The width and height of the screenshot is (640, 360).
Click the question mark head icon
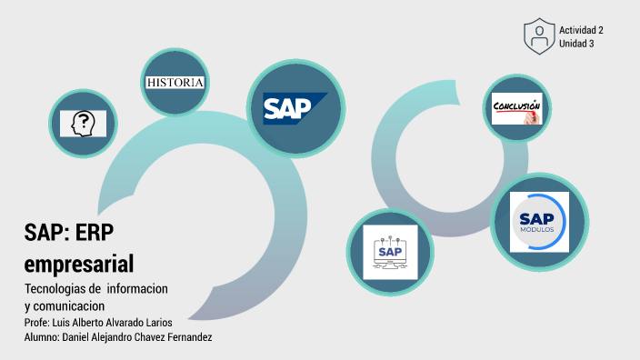pos(84,123)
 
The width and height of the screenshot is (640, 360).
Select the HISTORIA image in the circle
pos(175,83)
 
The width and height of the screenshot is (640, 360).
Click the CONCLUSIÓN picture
pos(516,108)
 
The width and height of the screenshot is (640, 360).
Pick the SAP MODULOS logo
pos(539,221)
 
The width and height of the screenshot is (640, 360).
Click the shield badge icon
pos(539,36)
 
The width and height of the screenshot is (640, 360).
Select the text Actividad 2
pos(581,30)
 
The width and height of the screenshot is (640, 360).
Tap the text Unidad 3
pos(576,44)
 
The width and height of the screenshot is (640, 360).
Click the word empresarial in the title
pos(79,264)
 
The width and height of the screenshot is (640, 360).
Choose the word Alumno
pos(42,338)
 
